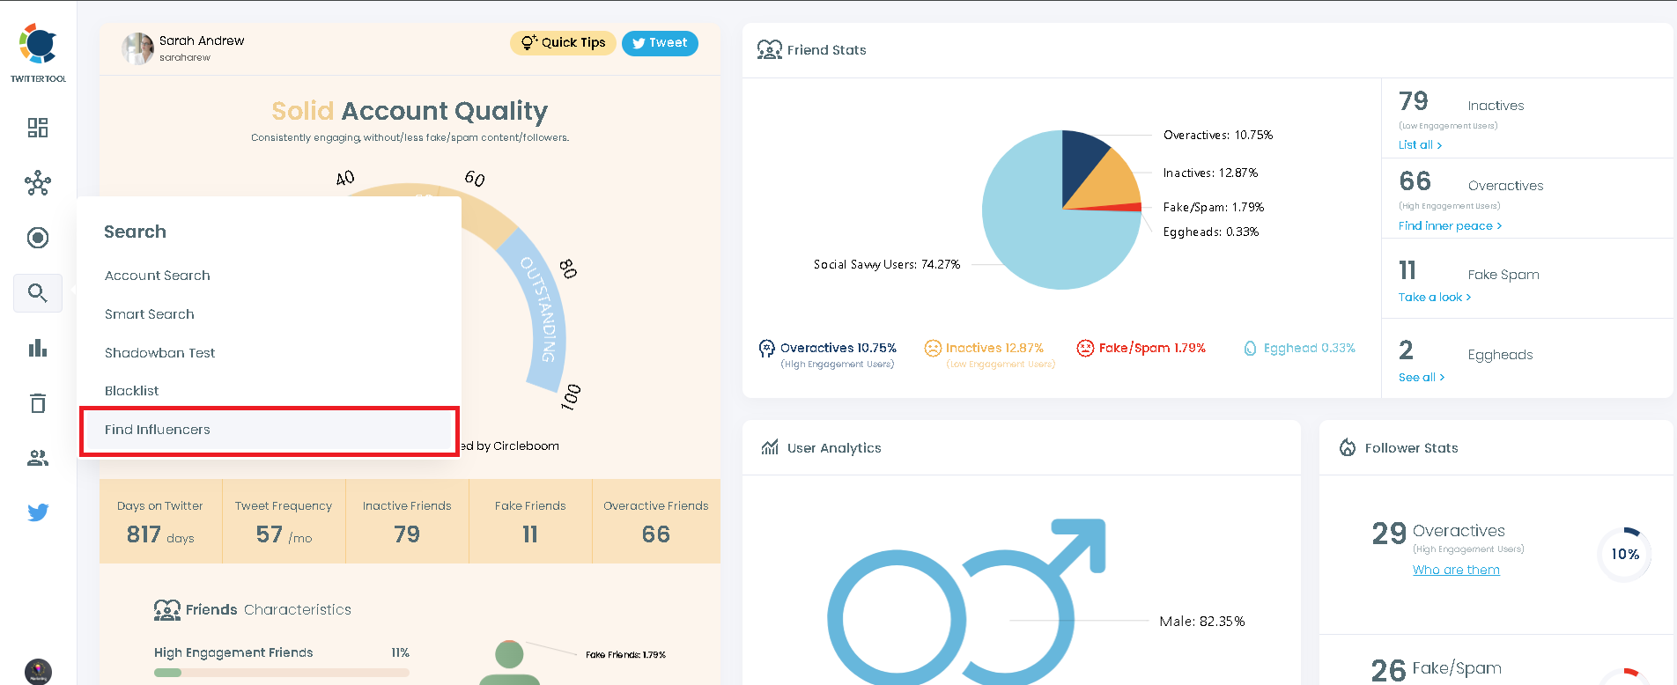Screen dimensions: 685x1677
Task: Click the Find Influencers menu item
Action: coord(158,430)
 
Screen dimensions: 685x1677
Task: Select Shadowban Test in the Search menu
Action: coord(159,353)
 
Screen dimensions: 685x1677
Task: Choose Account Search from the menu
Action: coord(158,276)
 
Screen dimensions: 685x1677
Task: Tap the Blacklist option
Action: coord(132,391)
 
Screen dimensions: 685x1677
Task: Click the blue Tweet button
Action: coord(660,43)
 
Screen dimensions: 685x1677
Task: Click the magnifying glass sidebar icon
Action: coord(37,293)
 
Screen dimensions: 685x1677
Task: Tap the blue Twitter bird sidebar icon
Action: coord(38,512)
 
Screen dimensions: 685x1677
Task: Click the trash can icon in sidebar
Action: coord(38,403)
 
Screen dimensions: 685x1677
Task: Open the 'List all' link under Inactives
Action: coord(1420,145)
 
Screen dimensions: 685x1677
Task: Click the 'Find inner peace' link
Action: coord(1450,226)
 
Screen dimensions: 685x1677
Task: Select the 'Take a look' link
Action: coord(1434,298)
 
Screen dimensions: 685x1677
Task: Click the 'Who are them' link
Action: coord(1456,571)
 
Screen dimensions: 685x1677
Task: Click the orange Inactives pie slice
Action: coord(1110,183)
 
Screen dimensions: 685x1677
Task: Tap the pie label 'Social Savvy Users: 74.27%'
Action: coord(886,264)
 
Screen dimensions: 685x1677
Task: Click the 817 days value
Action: coord(159,534)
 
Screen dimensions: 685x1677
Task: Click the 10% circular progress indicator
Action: coord(1625,554)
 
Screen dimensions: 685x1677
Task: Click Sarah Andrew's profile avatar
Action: coord(137,48)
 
